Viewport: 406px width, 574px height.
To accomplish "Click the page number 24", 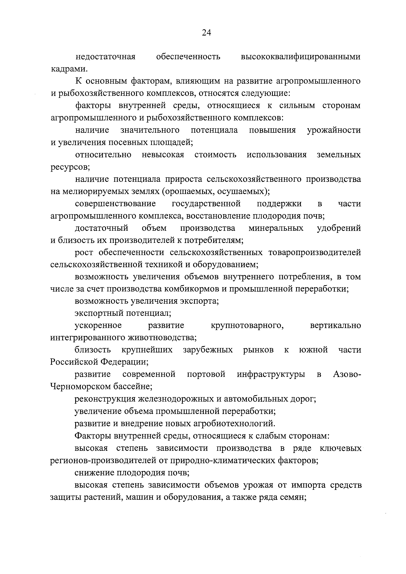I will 206,33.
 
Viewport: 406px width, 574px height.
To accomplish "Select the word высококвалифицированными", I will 301,57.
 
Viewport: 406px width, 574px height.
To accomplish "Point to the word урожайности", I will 334,130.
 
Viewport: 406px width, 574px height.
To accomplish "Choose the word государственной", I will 206,204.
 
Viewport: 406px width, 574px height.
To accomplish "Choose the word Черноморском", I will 81,386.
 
